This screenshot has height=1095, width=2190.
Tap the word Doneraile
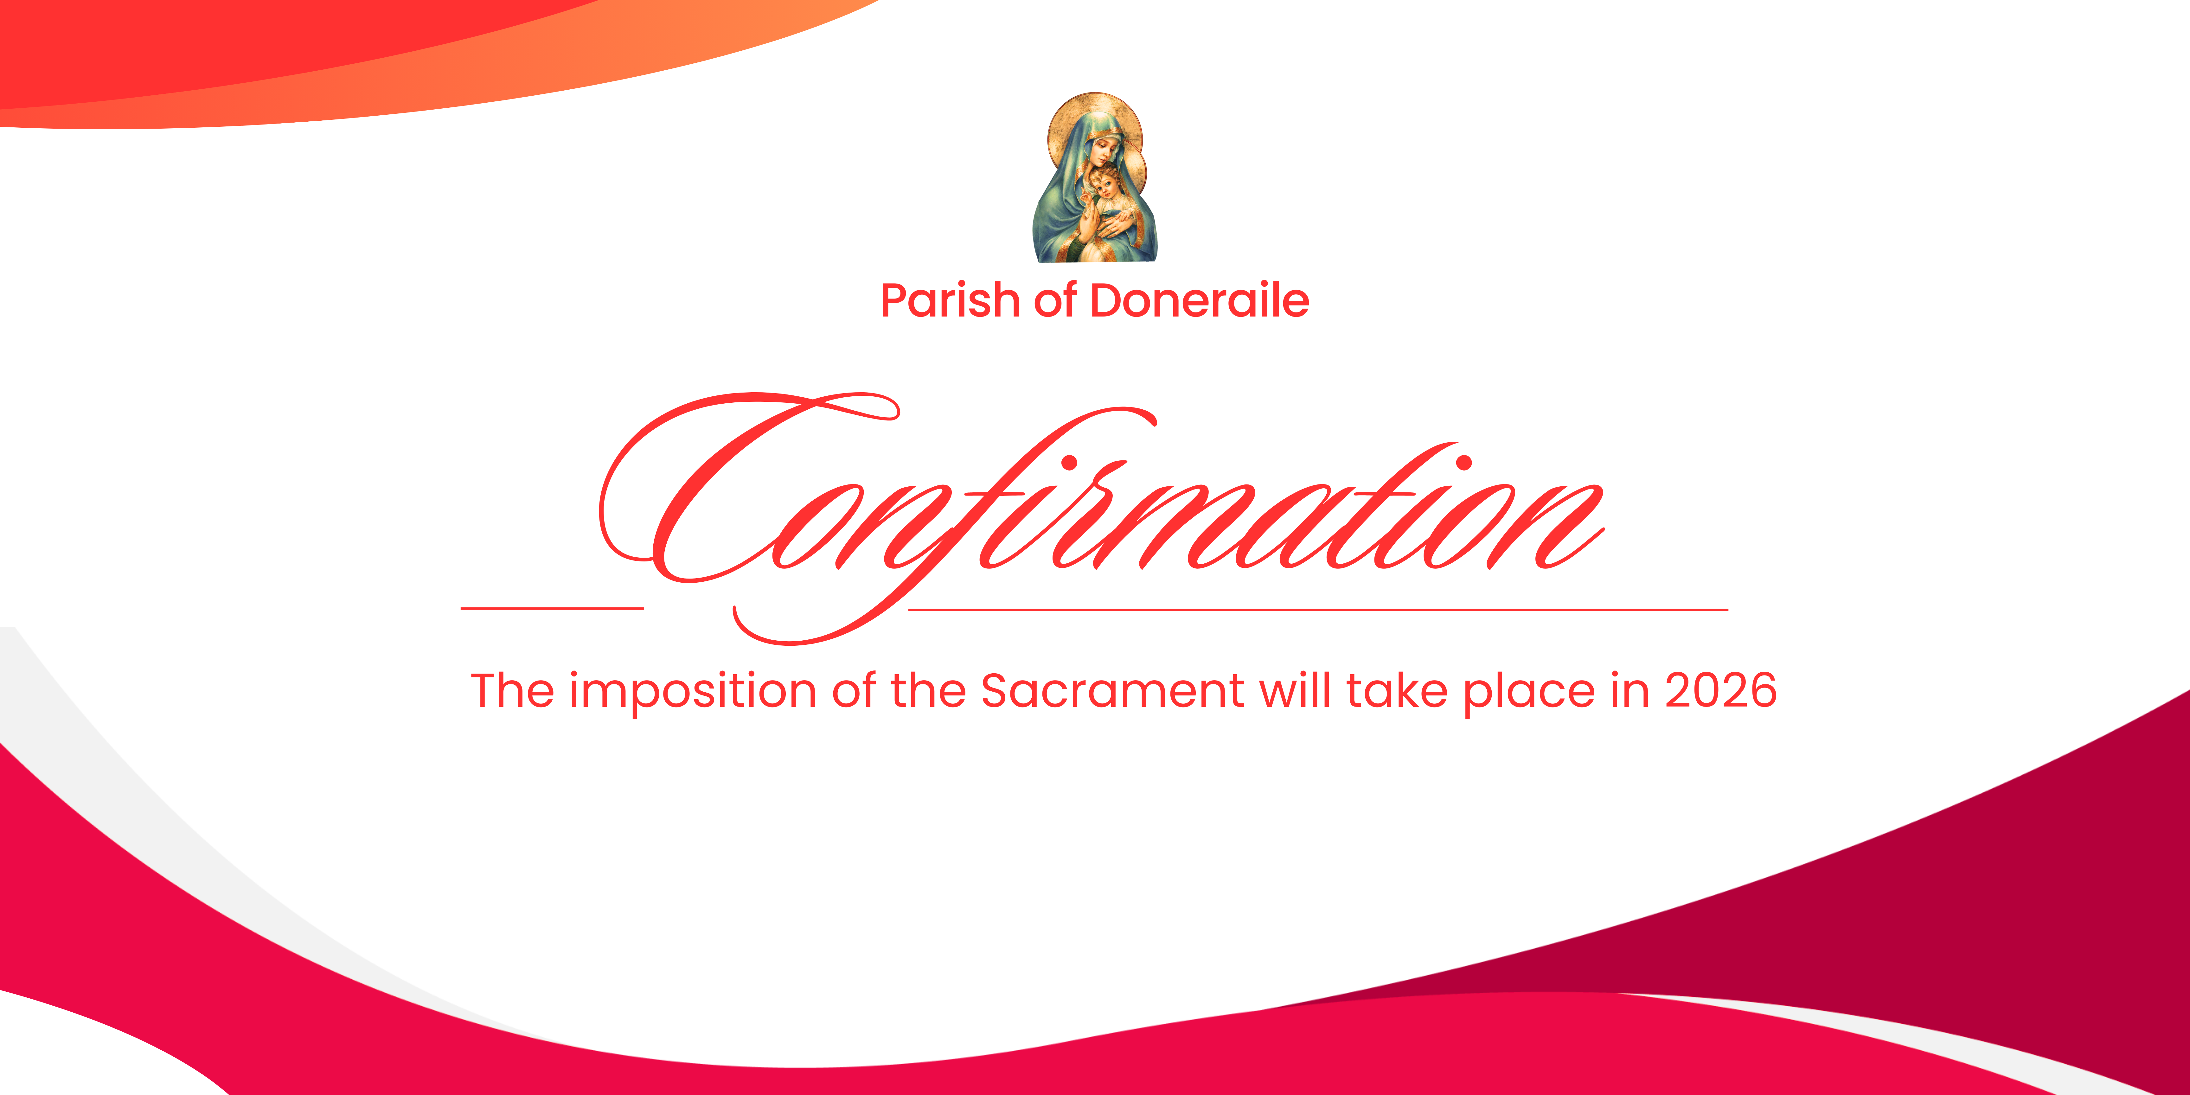tap(1200, 301)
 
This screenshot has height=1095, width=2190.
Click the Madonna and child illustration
tap(1095, 178)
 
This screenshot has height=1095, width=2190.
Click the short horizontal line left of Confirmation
tap(552, 608)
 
